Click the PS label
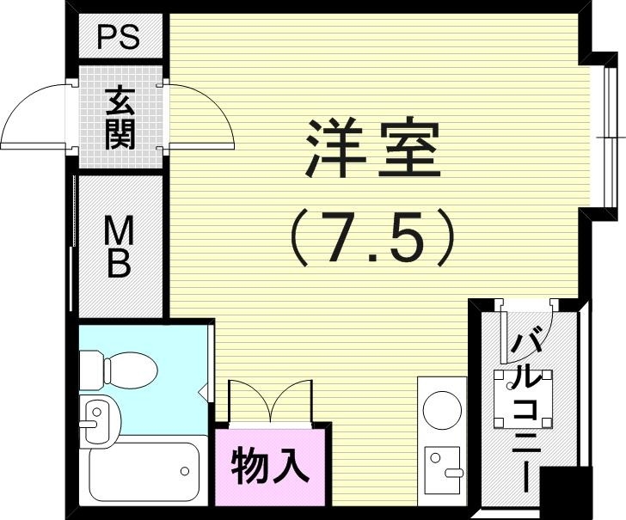(x=119, y=38)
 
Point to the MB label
(x=119, y=248)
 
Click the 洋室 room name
(x=372, y=151)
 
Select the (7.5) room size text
(x=372, y=235)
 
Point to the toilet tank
(x=92, y=370)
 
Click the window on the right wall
(x=611, y=137)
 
